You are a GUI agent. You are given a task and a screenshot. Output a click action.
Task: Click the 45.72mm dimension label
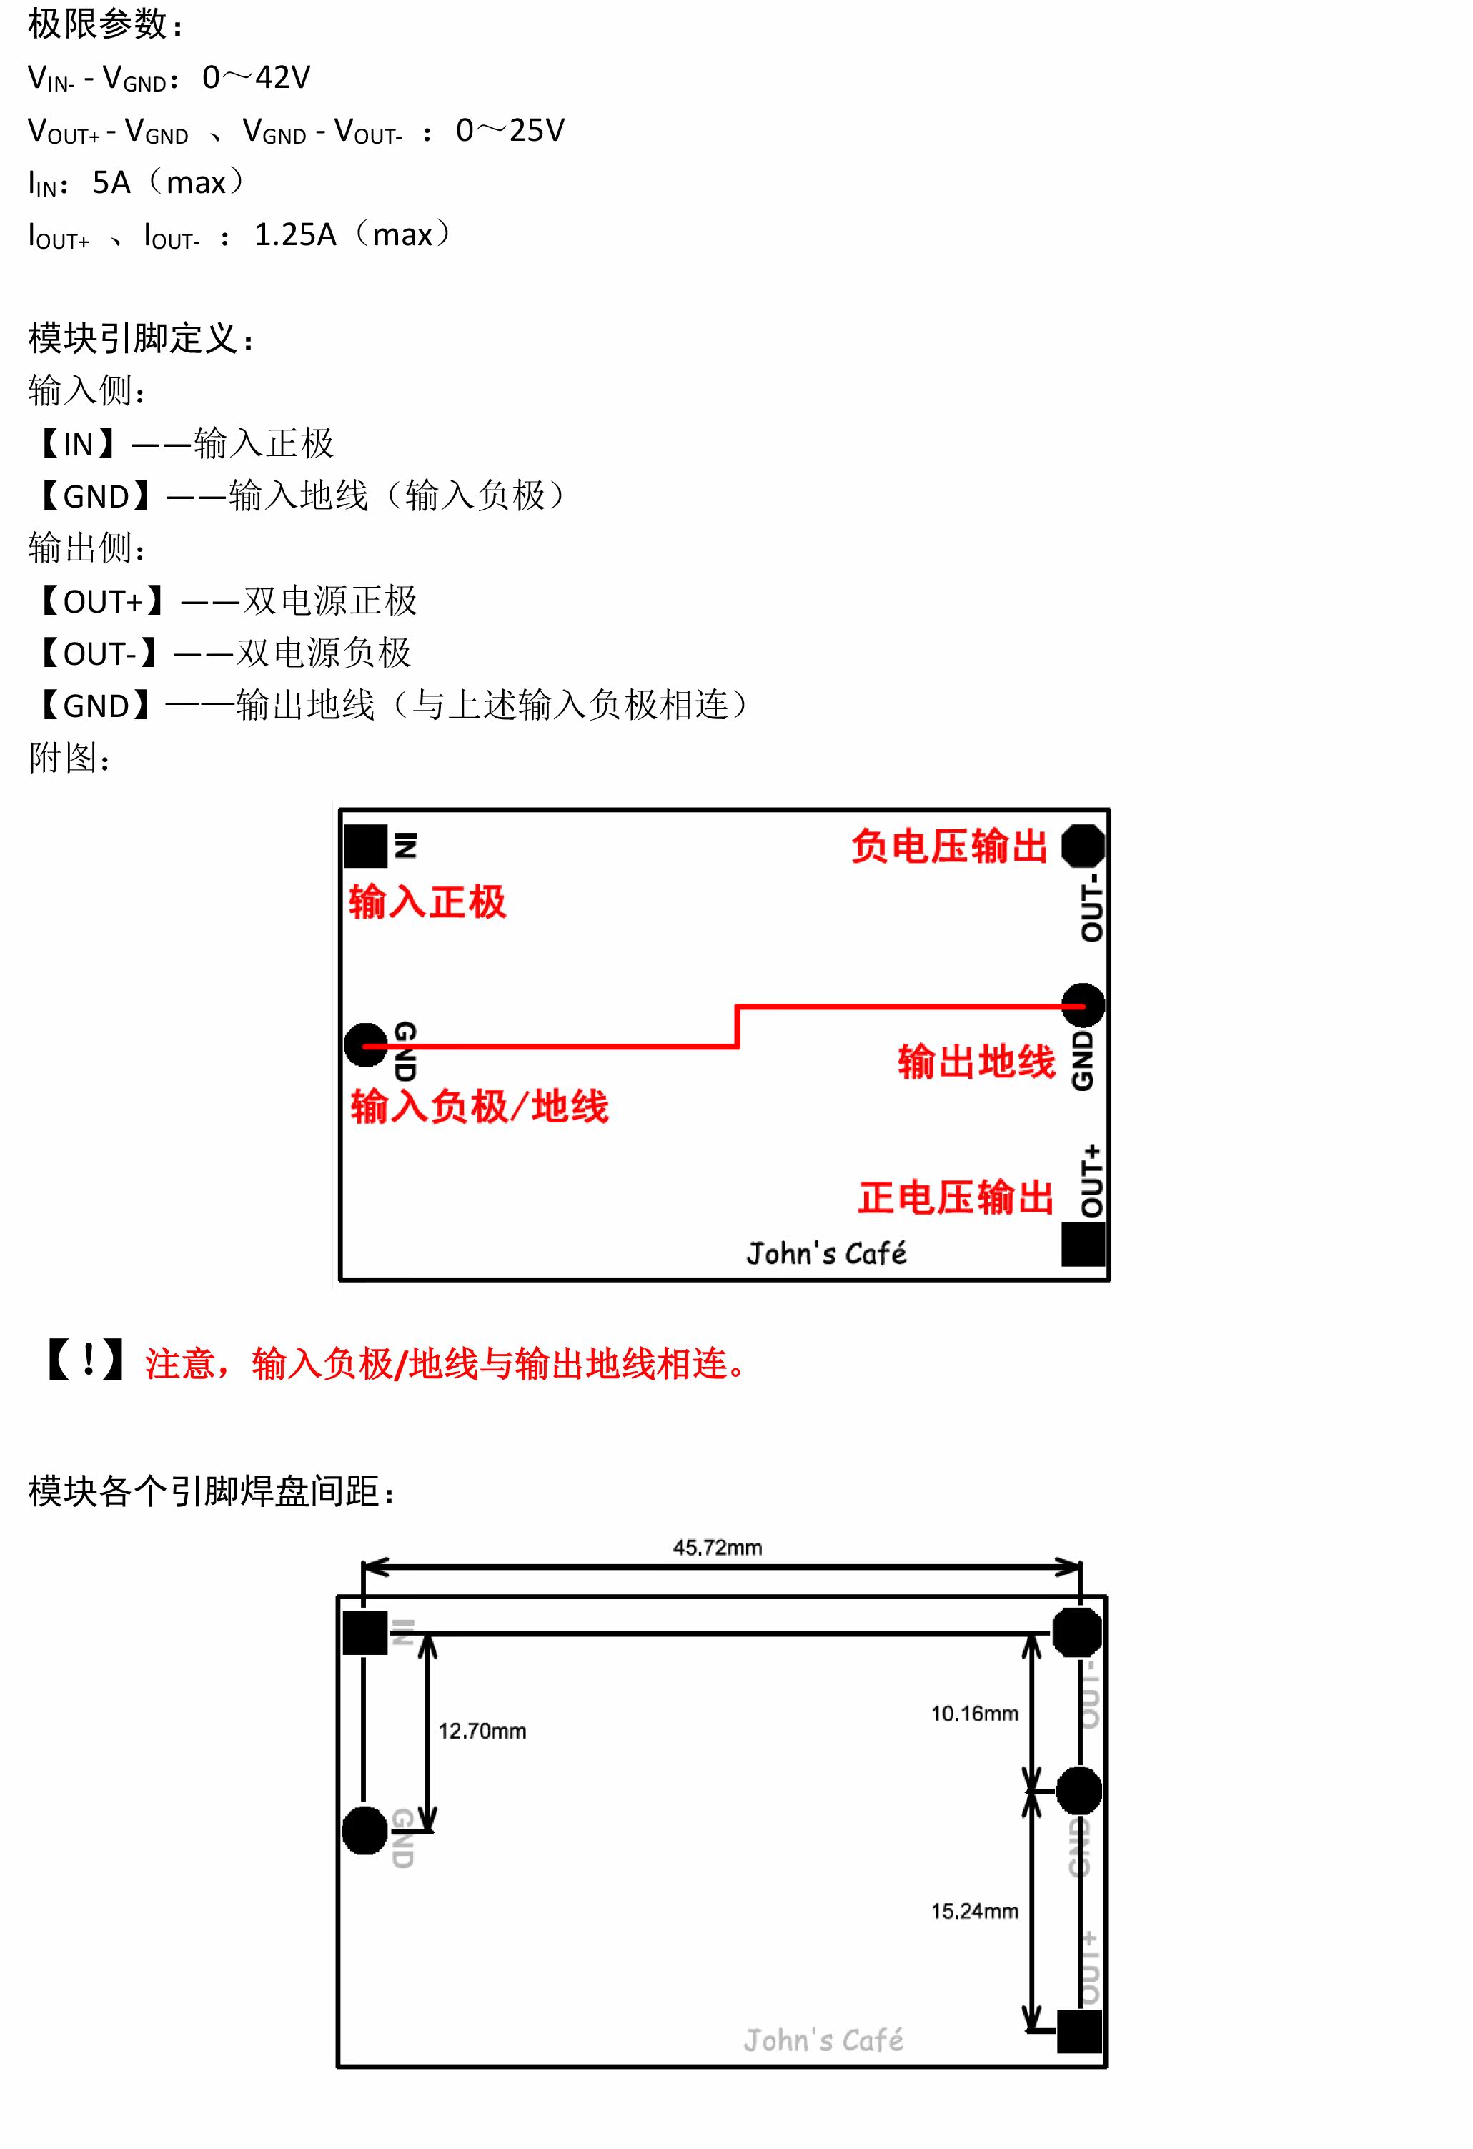click(x=717, y=1547)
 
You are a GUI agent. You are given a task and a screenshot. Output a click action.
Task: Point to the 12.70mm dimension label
click(x=482, y=1731)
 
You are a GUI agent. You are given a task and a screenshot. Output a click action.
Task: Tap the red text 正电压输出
click(x=955, y=1197)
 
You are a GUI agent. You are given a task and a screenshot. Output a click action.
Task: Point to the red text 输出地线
click(x=976, y=1061)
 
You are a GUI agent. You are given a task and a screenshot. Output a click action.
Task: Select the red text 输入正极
click(x=427, y=901)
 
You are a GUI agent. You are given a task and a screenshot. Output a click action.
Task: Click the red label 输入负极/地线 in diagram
click(x=479, y=1106)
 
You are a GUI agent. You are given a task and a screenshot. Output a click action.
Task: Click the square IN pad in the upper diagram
click(x=365, y=845)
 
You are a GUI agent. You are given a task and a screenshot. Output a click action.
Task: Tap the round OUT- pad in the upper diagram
click(x=1083, y=845)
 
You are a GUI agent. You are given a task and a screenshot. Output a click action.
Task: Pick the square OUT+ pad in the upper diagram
click(x=1083, y=1244)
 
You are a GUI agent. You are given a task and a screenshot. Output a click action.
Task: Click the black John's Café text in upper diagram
click(x=825, y=1253)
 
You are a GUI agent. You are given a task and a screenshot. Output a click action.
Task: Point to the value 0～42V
click(x=256, y=78)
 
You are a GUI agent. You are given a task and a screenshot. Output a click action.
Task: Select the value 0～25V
click(x=510, y=130)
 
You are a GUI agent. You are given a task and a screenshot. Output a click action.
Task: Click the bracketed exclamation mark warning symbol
click(x=86, y=1361)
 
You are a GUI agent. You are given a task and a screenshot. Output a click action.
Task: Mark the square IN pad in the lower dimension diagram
click(x=365, y=1633)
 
